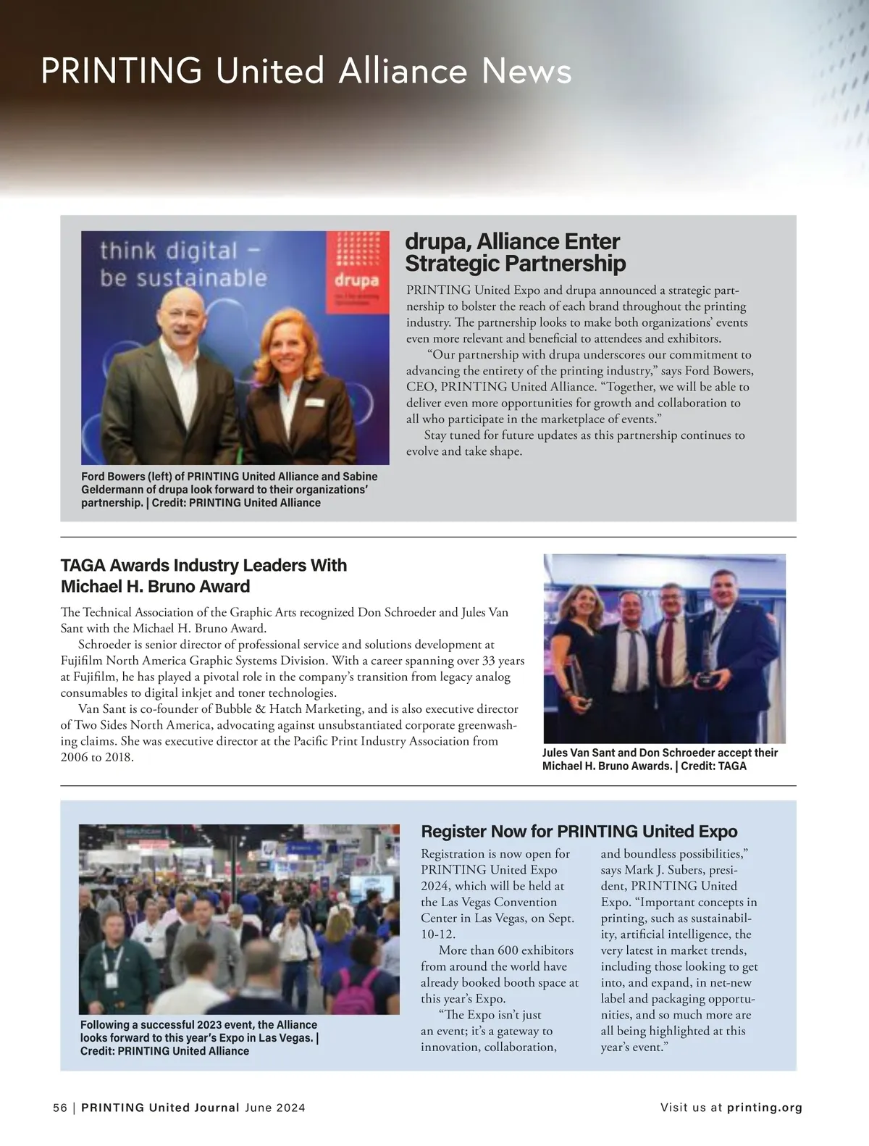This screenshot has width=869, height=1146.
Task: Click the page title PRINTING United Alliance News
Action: coord(306,72)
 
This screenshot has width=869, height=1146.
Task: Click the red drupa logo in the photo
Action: coord(357,272)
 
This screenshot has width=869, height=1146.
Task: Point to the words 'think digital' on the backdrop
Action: coord(168,251)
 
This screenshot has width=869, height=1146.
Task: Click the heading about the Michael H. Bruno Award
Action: coord(203,575)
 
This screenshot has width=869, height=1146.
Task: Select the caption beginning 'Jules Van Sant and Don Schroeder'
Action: coord(660,758)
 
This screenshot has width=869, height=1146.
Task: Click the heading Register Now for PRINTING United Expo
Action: coord(579,831)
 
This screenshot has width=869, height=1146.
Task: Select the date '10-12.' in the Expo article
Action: coord(438,934)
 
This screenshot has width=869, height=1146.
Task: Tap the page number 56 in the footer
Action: coord(59,1108)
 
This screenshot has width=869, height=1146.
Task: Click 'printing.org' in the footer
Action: coord(764,1108)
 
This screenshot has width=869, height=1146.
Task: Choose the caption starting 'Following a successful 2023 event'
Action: coord(199,1037)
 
